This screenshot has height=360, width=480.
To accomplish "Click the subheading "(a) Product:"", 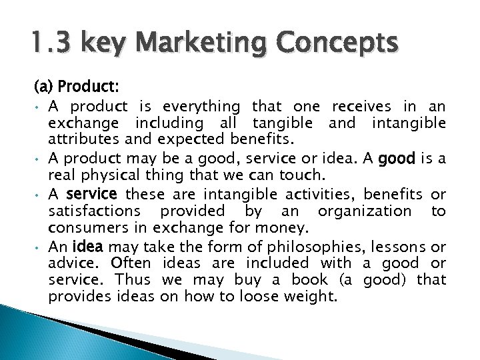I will (77, 87).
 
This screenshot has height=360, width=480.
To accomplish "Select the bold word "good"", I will (415, 159).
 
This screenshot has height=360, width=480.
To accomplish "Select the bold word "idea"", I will (87, 246).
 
